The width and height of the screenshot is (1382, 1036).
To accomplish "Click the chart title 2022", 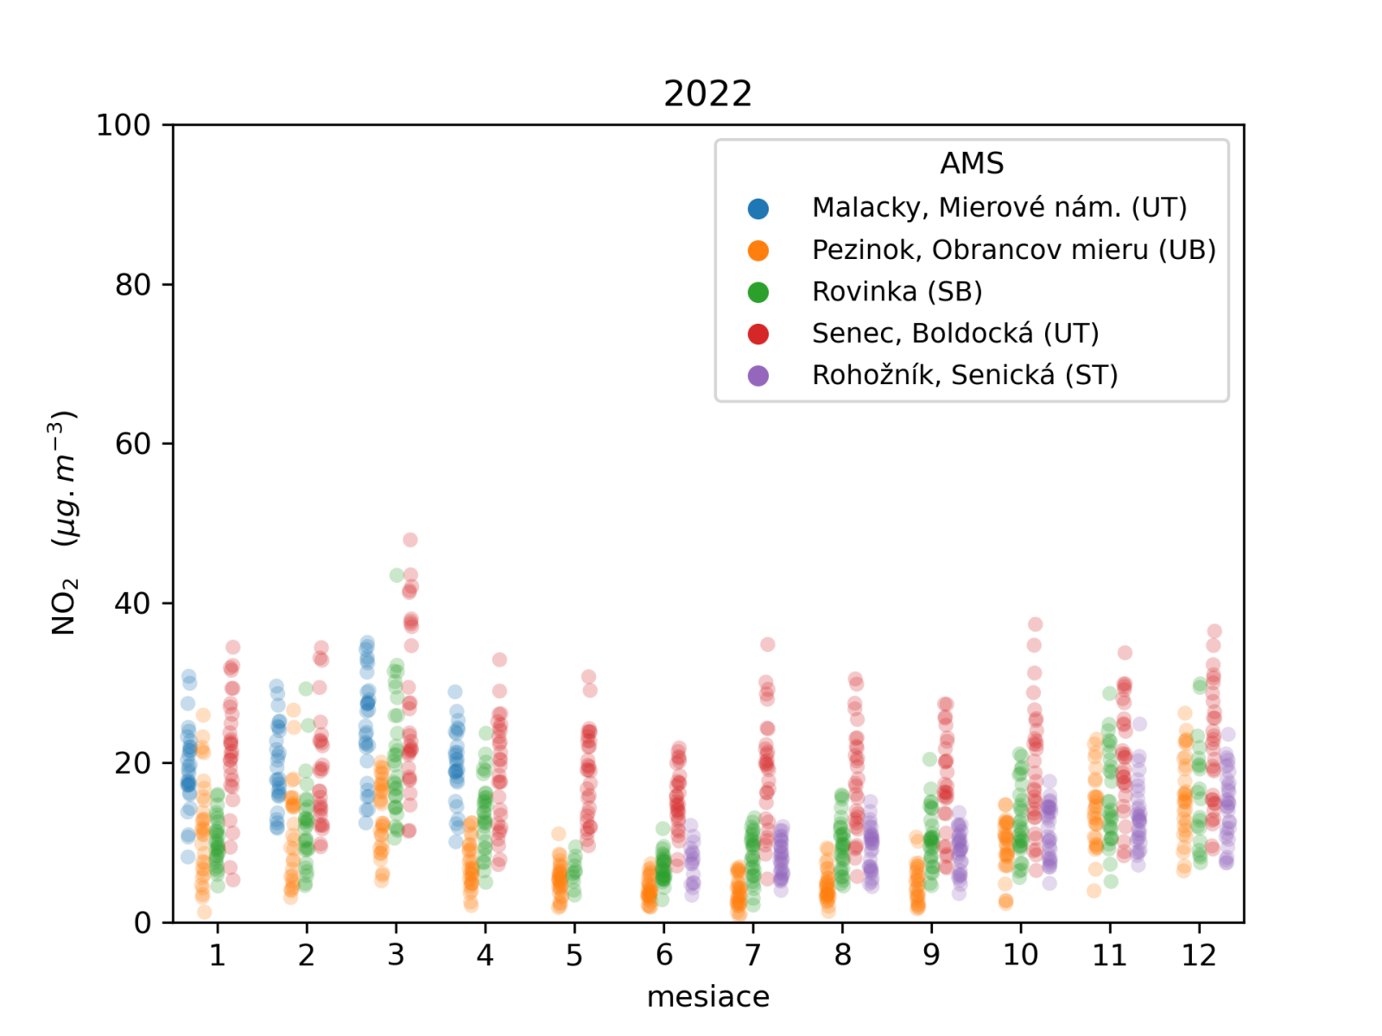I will tap(707, 93).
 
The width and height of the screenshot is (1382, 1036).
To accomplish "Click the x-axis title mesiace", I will tap(707, 996).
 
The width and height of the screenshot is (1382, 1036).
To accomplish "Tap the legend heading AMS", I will tap(972, 163).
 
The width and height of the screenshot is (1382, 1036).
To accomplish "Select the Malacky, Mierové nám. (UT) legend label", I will tap(999, 207).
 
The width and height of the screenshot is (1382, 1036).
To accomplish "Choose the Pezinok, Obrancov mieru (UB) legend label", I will tap(1013, 250).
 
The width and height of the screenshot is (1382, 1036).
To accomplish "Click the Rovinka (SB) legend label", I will tap(897, 292).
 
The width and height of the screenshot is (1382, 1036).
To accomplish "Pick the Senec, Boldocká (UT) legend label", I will tap(955, 333).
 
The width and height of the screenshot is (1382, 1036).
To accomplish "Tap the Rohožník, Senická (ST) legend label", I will tap(965, 376).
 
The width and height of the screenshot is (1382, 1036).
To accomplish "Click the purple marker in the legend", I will tap(758, 376).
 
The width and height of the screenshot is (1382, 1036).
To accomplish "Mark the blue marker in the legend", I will tap(758, 208).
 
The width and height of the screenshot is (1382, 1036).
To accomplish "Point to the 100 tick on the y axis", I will tap(124, 125).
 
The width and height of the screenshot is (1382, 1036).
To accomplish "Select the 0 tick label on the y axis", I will tap(143, 923).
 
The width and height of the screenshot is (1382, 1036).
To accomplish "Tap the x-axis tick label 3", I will tap(396, 955).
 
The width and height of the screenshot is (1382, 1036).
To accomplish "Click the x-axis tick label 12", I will tap(1199, 955).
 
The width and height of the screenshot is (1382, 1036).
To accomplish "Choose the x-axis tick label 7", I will tap(753, 955).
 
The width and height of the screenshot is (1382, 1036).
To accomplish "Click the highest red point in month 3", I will tap(410, 540).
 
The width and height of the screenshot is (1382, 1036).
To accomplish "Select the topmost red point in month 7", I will tap(768, 644).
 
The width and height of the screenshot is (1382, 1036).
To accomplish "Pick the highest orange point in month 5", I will tap(559, 834).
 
